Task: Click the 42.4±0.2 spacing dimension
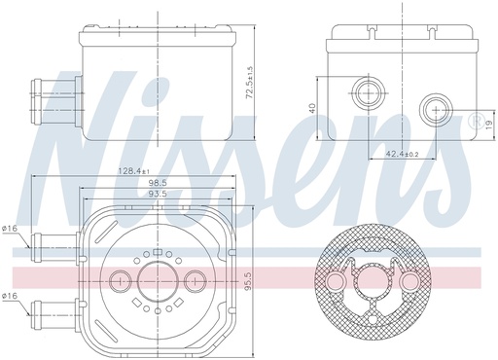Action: coord(402,153)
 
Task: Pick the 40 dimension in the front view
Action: coord(312,109)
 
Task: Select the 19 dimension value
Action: coord(487,125)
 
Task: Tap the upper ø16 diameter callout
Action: coord(10,229)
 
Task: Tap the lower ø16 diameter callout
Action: coord(10,295)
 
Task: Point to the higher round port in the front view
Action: coord(368,93)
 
